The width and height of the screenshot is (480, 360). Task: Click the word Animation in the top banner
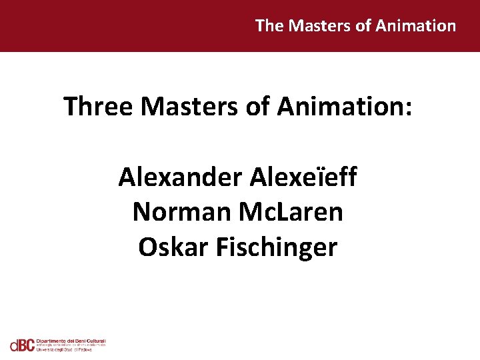[416, 26]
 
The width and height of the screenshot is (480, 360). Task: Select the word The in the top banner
[269, 26]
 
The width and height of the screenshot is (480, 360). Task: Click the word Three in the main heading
[97, 107]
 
